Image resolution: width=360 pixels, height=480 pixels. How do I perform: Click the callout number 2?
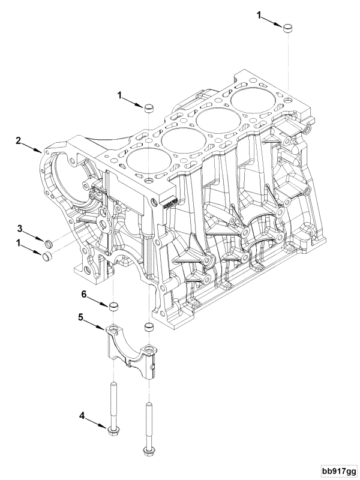pyautogui.click(x=19, y=141)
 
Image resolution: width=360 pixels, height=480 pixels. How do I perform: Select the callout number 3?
pyautogui.click(x=20, y=229)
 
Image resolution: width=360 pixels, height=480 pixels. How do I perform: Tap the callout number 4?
pyautogui.click(x=82, y=415)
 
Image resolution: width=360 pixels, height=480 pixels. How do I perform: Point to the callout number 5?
pyautogui.click(x=80, y=317)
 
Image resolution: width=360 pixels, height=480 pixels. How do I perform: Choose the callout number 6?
pyautogui.click(x=84, y=294)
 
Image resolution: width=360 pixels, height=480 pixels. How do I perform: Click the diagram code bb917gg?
pyautogui.click(x=339, y=470)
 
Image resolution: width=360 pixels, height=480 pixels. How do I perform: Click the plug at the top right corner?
pyautogui.click(x=287, y=28)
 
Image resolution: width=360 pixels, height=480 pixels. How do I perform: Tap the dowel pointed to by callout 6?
pyautogui.click(x=113, y=307)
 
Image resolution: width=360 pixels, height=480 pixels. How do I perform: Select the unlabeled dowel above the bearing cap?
pyautogui.click(x=149, y=326)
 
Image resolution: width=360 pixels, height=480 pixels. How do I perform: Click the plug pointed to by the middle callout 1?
pyautogui.click(x=149, y=108)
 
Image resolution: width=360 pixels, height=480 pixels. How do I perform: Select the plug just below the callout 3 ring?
pyautogui.click(x=47, y=256)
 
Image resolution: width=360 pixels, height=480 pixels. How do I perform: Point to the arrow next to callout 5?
pyautogui.click(x=94, y=324)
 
